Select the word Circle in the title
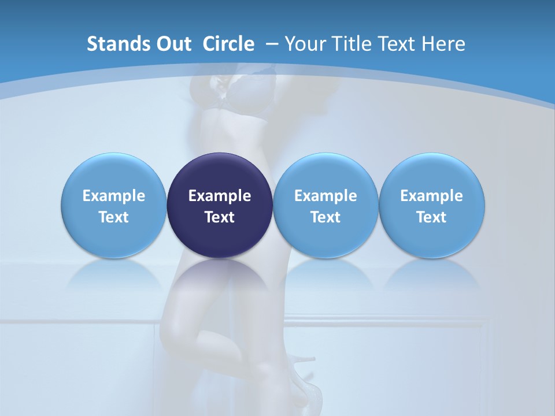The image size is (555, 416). [228, 44]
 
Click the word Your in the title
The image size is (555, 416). [305, 44]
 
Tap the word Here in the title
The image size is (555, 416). [445, 44]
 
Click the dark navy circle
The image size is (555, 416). [220, 205]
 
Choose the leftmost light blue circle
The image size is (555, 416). [114, 205]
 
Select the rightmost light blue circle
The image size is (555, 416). [432, 205]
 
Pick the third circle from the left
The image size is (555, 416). [325, 205]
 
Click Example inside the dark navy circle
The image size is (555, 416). [220, 196]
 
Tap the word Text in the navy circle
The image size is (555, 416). [220, 217]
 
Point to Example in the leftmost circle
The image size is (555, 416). [114, 196]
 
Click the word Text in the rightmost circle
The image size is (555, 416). [432, 217]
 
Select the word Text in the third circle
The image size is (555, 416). [325, 217]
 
